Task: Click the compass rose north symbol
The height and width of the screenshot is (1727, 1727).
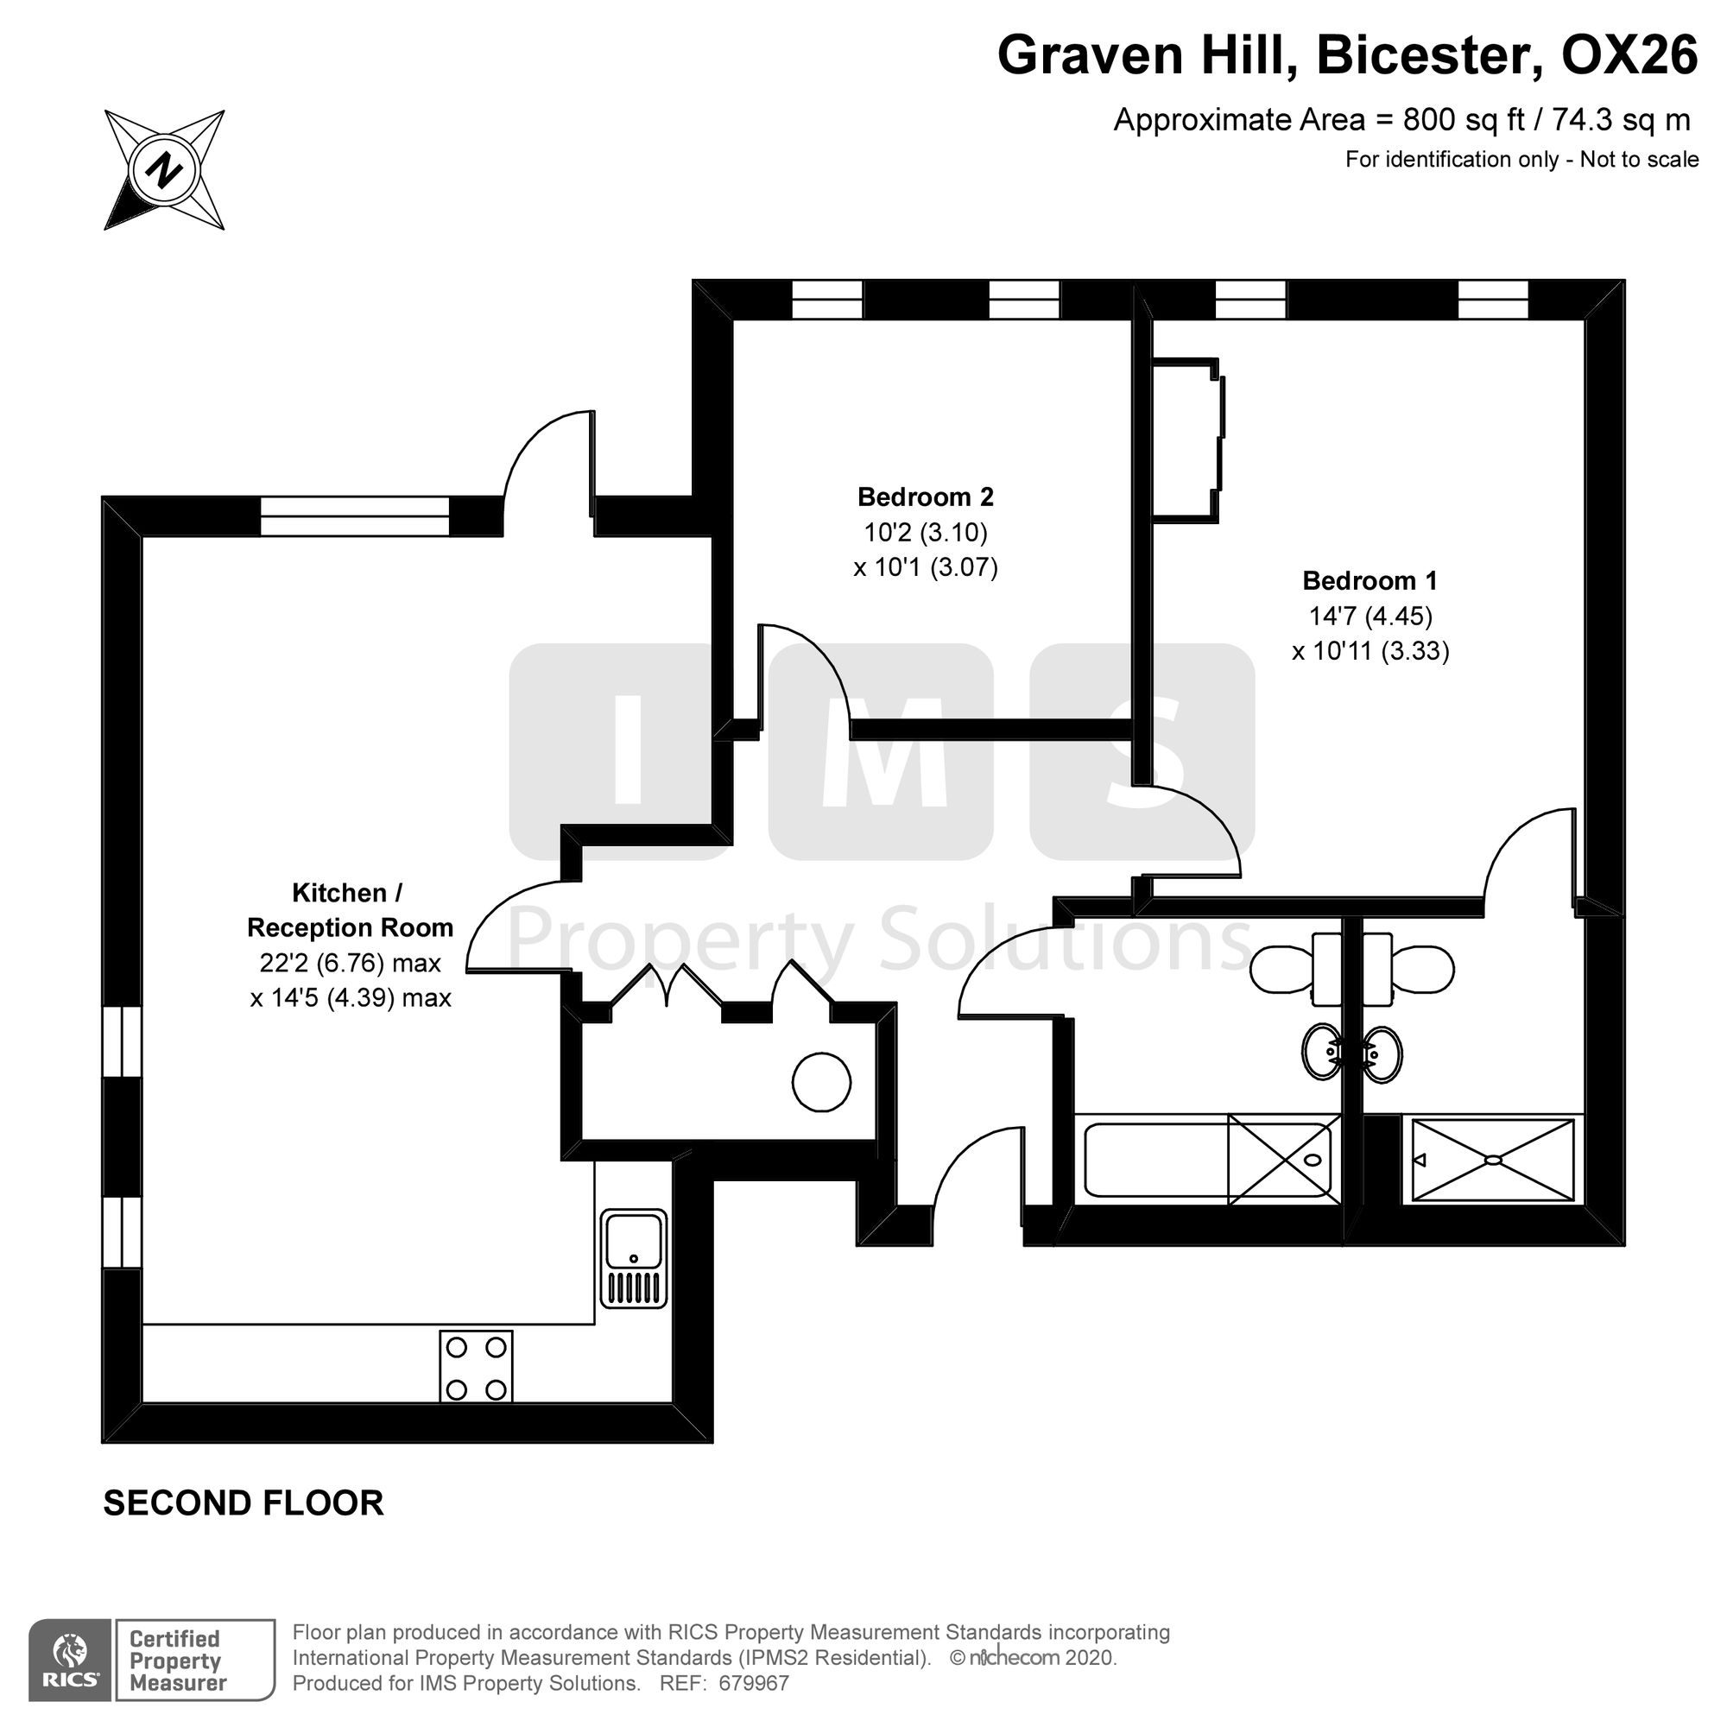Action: point(164,170)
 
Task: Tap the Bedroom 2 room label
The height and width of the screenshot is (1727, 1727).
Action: point(925,497)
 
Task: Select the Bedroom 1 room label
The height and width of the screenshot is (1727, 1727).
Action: point(1370,581)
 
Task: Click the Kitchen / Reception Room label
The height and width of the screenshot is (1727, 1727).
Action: point(351,910)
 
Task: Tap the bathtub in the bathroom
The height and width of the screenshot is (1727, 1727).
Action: point(1208,1160)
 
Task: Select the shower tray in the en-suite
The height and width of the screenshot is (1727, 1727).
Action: point(1493,1160)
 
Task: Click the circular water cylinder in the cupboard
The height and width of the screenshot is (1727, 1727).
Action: point(821,1083)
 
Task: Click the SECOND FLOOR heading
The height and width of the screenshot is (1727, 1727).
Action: point(244,1503)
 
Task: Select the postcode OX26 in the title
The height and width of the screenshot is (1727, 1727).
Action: point(1629,55)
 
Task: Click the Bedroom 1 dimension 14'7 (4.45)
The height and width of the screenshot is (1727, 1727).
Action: point(1370,616)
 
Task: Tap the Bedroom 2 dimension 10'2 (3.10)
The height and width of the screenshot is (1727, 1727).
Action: point(925,533)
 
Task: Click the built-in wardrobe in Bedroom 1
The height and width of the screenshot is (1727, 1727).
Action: point(1187,440)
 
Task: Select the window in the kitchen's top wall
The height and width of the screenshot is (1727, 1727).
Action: point(355,516)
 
